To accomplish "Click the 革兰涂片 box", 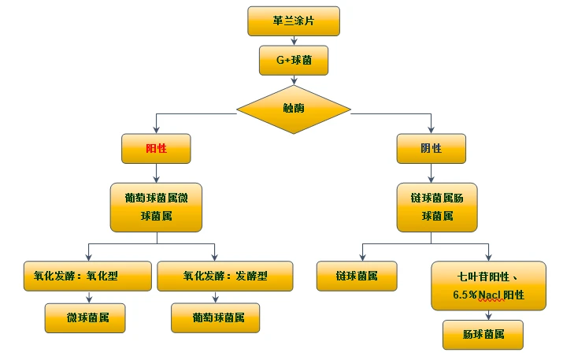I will (293, 21).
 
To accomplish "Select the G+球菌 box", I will (293, 59).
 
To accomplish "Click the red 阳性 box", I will (156, 148).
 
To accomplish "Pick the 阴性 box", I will (431, 148).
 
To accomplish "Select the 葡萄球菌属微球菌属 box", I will (156, 206).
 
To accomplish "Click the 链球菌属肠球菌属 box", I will (437, 206).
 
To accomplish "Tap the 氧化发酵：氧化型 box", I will (87, 276).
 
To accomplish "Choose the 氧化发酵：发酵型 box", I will (225, 276).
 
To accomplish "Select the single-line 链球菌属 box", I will (356, 276).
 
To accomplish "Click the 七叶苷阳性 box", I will (488, 285).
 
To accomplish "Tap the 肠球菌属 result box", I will (483, 335).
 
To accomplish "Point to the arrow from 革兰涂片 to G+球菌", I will (293, 40).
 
